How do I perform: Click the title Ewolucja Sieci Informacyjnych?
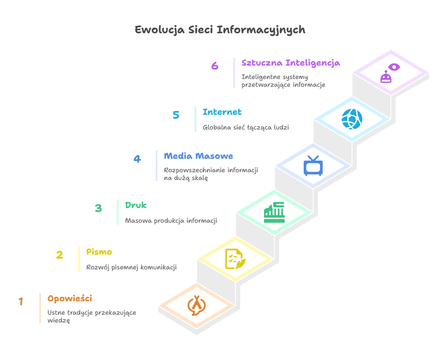[220, 30]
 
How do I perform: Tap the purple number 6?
[215, 66]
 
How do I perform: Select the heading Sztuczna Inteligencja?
[290, 63]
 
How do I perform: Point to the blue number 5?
[176, 115]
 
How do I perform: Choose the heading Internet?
[222, 112]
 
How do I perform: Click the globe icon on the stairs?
[352, 119]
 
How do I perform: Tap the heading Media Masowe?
[198, 156]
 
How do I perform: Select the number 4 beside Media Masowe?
[137, 159]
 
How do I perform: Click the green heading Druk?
[136, 205]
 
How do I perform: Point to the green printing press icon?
[274, 212]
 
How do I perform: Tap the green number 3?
[98, 208]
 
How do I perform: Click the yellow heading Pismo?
[99, 252]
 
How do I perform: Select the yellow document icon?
[236, 259]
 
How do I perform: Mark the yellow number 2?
[60, 255]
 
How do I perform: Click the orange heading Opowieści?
[69, 299]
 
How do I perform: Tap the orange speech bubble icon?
[196, 305]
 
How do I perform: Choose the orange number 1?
[21, 302]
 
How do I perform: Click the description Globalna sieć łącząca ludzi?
[245, 128]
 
